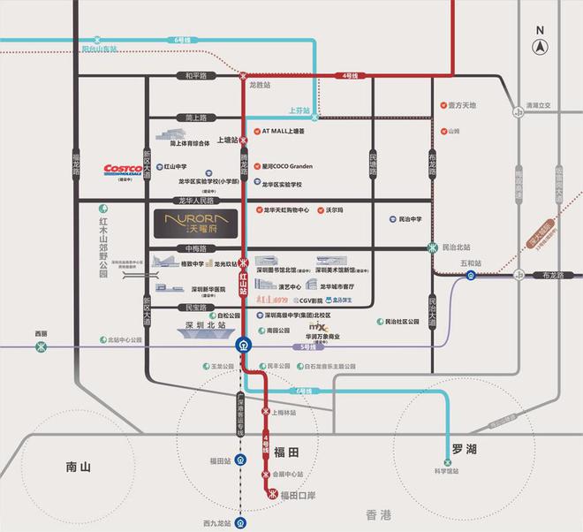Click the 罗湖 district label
(x=465, y=451)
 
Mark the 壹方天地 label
(x=461, y=105)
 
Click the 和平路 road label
(x=194, y=76)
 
